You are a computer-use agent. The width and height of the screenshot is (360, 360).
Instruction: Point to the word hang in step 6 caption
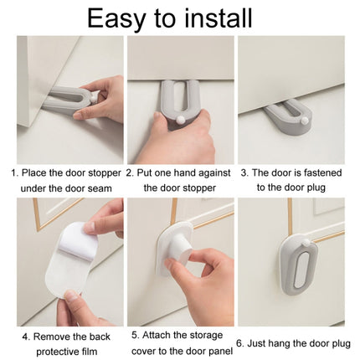(x=287, y=343)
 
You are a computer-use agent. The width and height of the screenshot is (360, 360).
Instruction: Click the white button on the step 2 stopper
(x=181, y=122)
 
